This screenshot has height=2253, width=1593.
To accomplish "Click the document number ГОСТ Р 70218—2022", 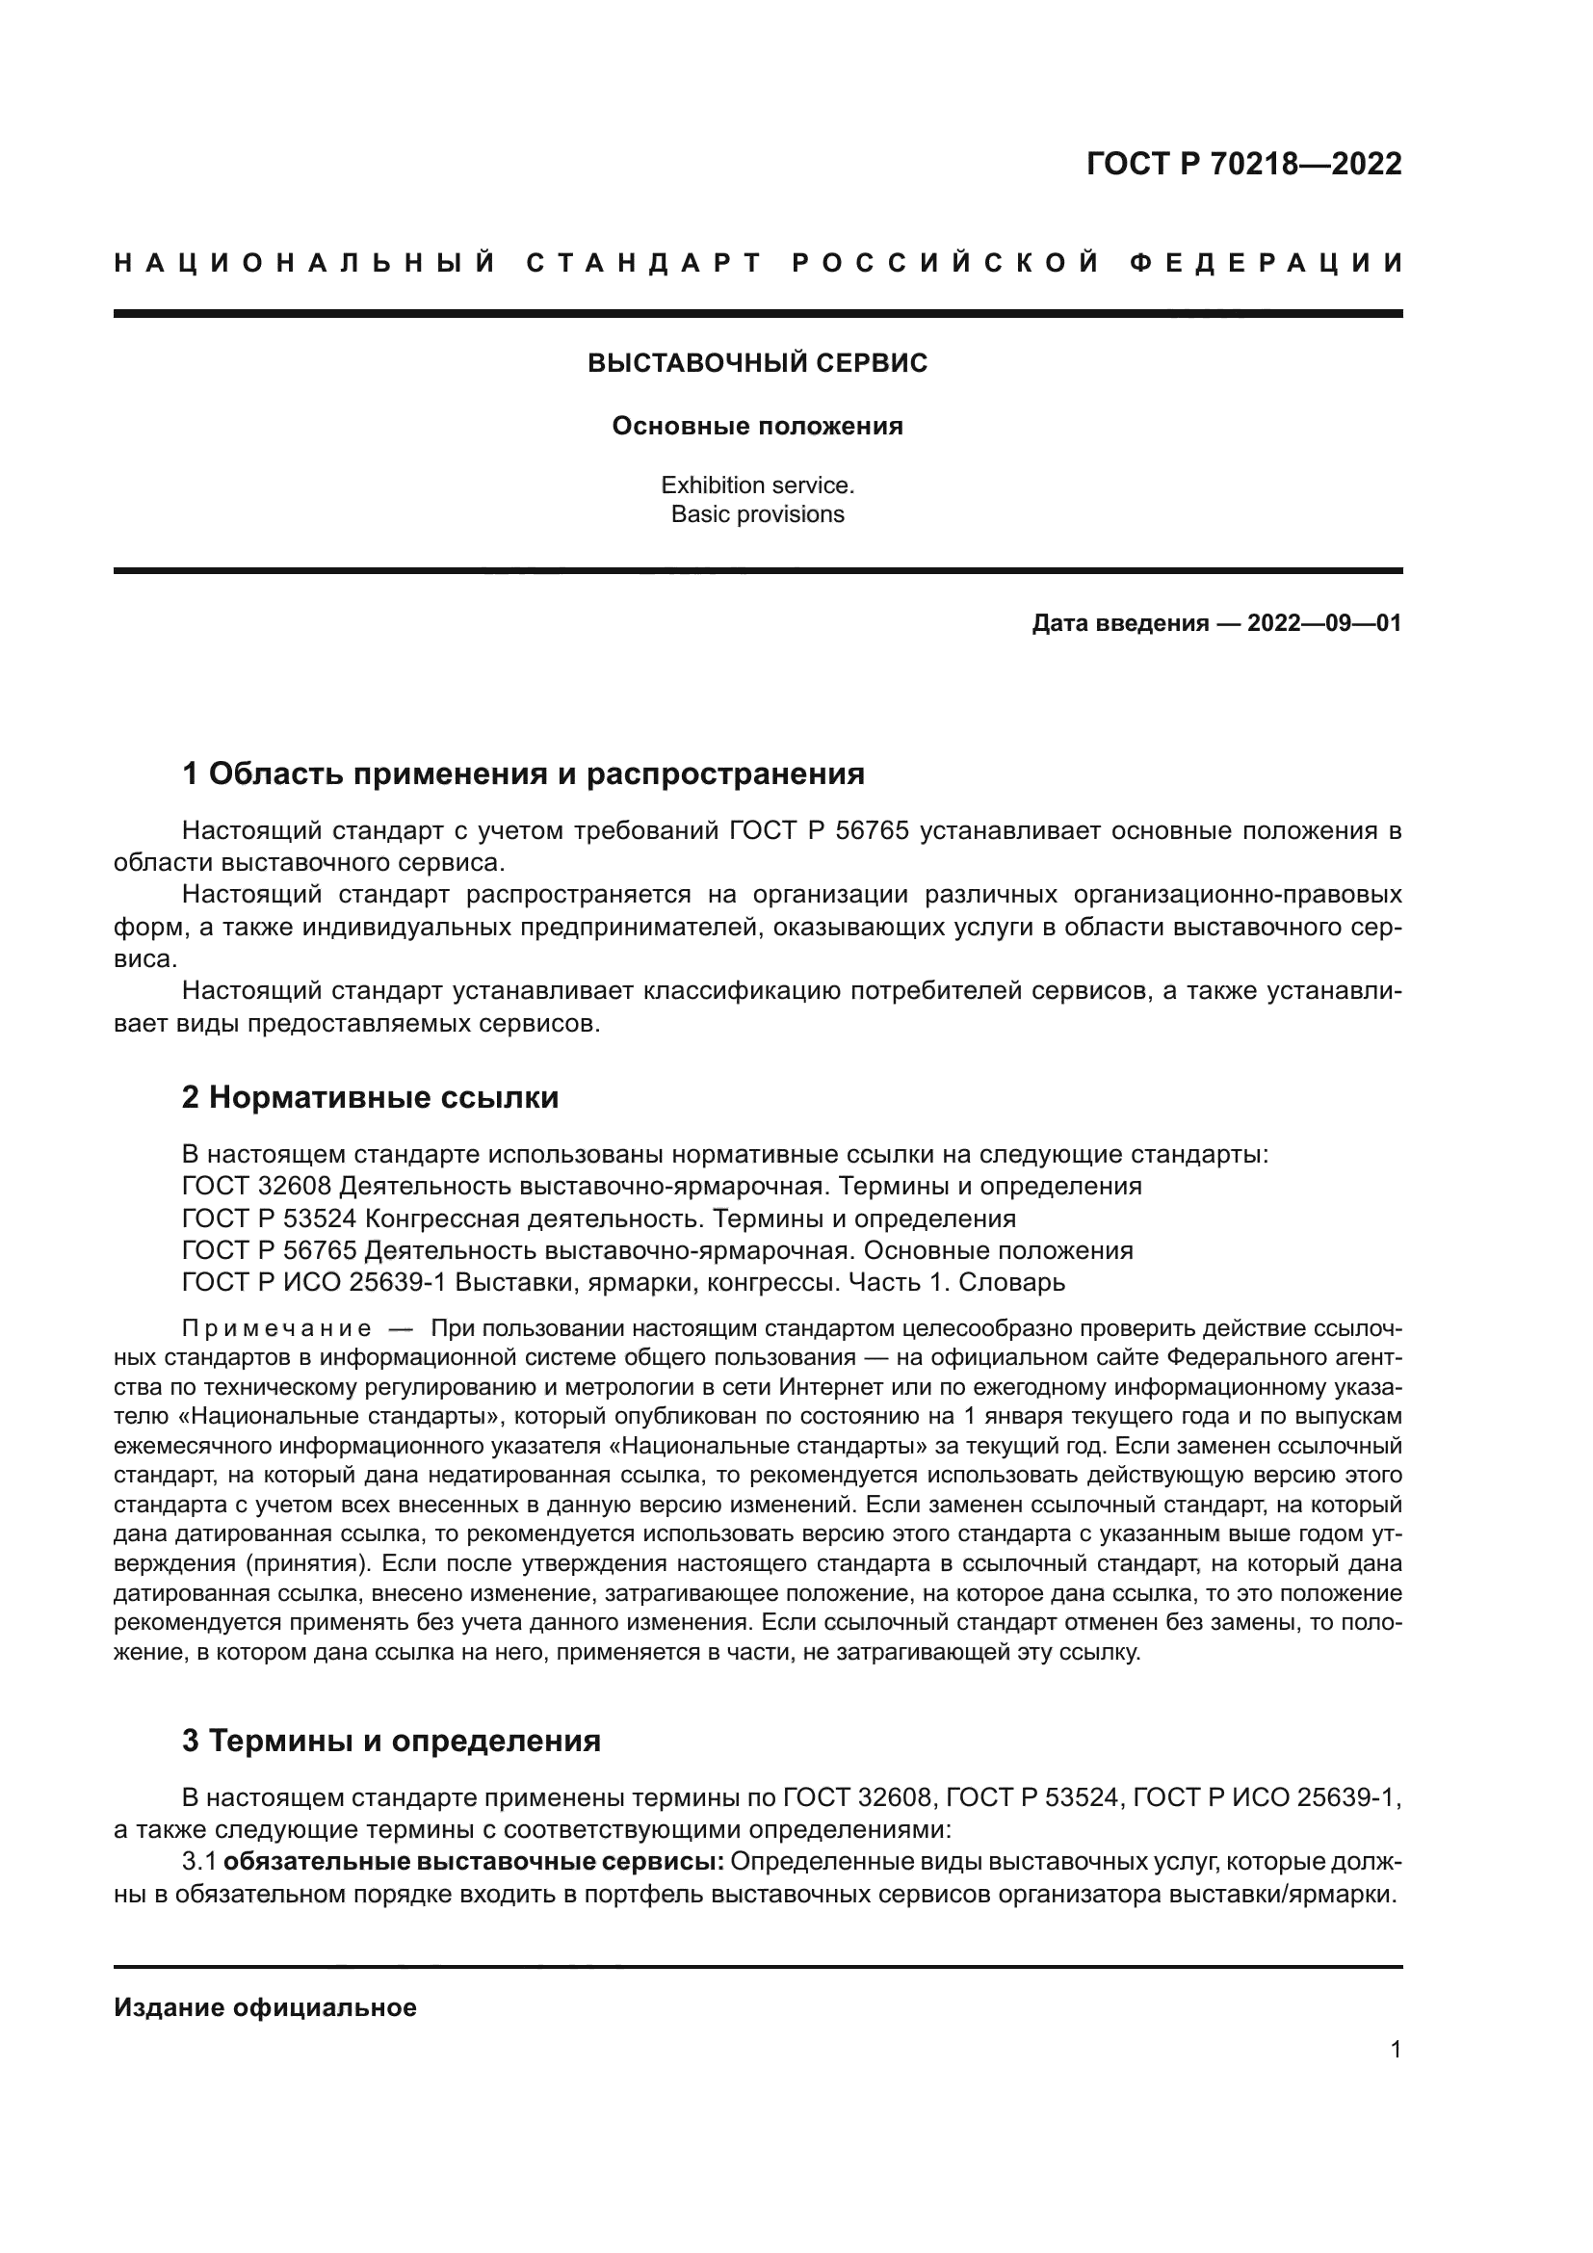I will coord(1243,164).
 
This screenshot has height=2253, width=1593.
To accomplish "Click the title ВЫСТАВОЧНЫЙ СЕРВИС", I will coord(757,363).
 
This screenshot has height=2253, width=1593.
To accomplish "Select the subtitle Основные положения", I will coord(757,427).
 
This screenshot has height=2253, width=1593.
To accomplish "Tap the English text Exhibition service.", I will coord(757,485).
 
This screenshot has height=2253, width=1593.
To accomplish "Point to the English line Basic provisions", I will coord(757,514).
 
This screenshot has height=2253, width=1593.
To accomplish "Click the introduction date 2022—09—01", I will coord(1324,623).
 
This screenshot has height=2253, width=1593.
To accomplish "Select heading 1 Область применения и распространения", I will coord(523,774).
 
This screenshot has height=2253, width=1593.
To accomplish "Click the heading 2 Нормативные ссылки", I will coord(370,1097).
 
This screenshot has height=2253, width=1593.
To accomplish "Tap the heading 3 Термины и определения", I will coord(391,1741).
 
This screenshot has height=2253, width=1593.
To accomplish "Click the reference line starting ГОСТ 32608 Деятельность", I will coord(661,1186).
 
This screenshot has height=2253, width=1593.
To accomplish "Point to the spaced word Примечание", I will coord(276,1329).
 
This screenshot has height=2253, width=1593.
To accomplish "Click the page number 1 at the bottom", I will coord(1395,2078).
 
